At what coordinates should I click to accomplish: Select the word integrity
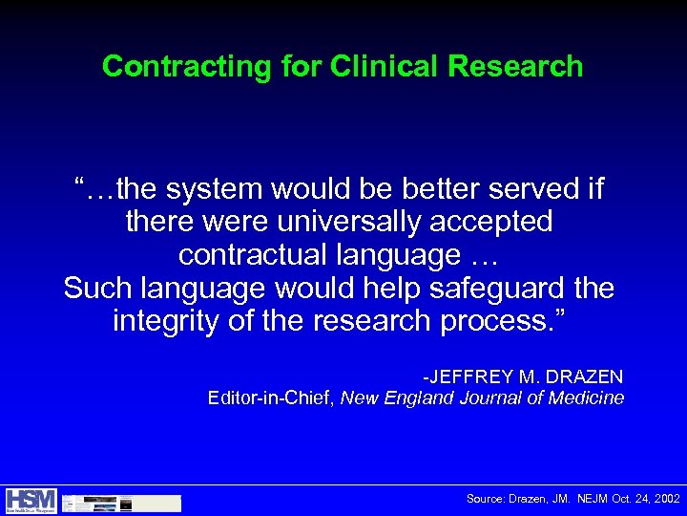click(165, 321)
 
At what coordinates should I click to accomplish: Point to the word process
click(502, 321)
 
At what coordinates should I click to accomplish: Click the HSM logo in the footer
click(31, 501)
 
